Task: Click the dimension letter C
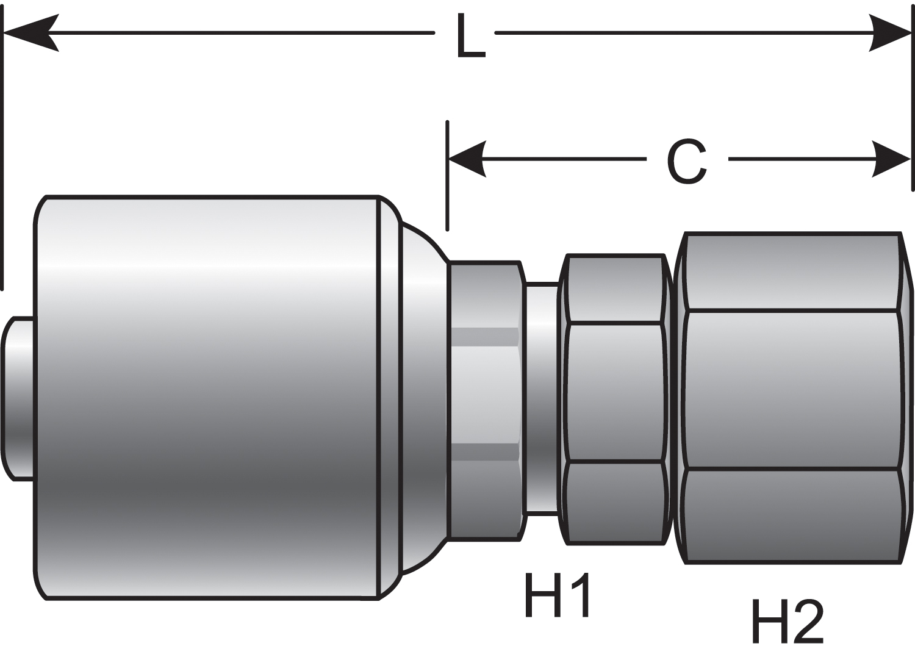pos(687,162)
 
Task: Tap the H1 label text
pos(557,595)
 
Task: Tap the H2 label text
pos(788,621)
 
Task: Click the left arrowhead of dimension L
pos(30,32)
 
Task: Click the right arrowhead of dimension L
pos(891,32)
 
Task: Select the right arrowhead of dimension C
pos(891,159)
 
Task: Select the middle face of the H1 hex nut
pos(615,392)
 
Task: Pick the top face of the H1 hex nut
pos(615,288)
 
